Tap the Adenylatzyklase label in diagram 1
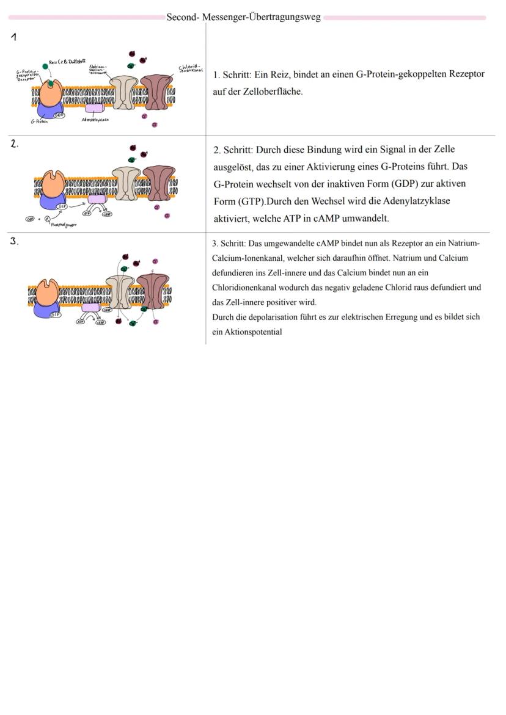pos(94,120)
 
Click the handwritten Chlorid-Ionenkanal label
pos(190,69)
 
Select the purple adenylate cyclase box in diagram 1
pos(94,108)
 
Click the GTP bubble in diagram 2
pos(62,206)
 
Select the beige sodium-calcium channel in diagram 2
pos(127,183)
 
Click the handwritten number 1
pos(13,38)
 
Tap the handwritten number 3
pos(14,241)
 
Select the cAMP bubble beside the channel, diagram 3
pos(108,310)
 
